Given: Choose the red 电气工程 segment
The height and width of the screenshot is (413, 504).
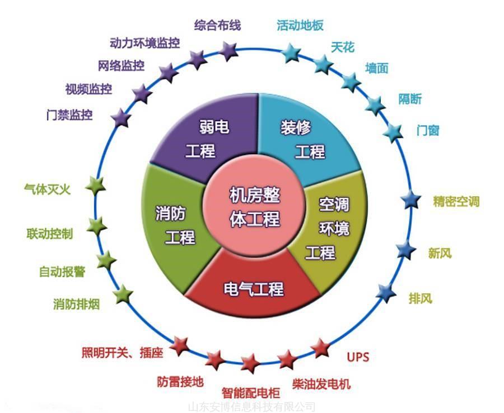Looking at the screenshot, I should tap(254, 288).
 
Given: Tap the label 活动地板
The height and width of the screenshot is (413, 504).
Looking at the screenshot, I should tap(300, 25).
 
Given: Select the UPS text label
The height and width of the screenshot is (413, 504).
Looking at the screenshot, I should tap(358, 357).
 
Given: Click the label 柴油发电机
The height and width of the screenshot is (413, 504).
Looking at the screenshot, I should tap(321, 384).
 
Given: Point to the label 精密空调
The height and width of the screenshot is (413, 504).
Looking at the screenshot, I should tap(456, 202).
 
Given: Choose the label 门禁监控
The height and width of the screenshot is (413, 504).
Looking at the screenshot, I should tap(69, 116).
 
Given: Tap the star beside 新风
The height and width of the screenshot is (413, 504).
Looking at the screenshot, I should tap(405, 249).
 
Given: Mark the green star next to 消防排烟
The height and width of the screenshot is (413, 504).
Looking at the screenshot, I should tap(122, 294).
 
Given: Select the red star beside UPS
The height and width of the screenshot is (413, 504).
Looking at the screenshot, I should tap(321, 348).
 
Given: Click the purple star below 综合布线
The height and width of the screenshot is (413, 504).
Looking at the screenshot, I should tap(228, 51).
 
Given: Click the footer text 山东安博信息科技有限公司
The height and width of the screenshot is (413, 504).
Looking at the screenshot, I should tap(252, 407).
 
